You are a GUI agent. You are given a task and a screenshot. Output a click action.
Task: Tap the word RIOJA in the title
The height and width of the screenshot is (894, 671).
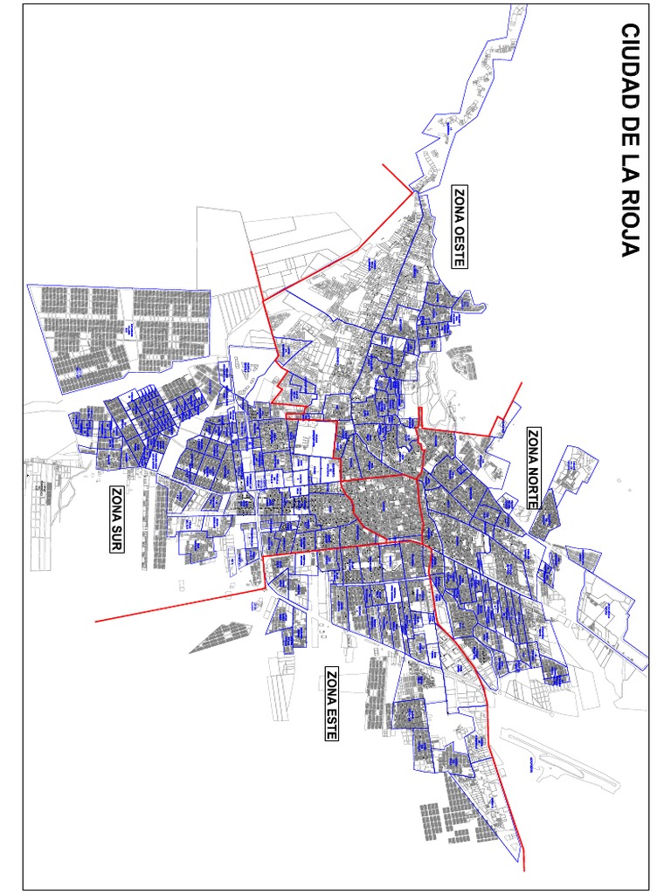(x=630, y=223)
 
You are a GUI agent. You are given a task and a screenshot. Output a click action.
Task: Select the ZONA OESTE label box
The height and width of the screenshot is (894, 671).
(x=460, y=225)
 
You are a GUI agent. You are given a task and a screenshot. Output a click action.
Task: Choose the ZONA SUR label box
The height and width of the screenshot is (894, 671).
(x=116, y=519)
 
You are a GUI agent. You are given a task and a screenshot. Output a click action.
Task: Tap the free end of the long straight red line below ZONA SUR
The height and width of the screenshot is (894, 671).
(x=95, y=622)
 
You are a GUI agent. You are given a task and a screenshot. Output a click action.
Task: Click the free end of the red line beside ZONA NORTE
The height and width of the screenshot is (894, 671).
(x=521, y=383)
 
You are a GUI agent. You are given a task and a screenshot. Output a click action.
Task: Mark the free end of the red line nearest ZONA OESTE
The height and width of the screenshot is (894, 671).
(x=381, y=164)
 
